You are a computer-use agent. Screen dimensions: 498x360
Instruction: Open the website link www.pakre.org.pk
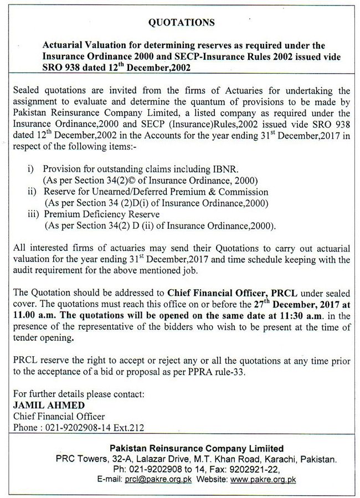[263, 480]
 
